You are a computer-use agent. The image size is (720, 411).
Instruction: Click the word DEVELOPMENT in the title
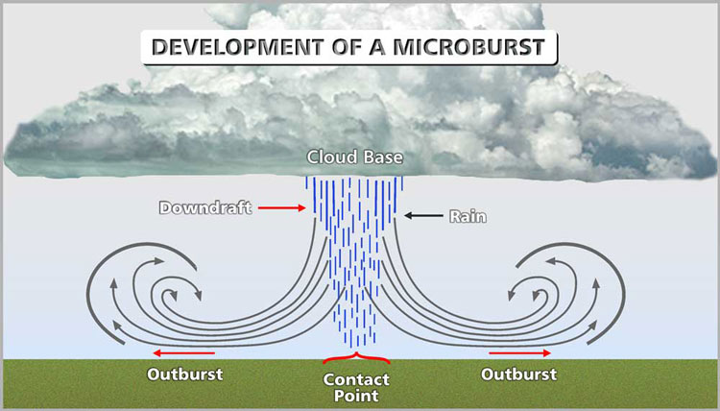(x=243, y=46)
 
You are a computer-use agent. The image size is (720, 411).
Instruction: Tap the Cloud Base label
(x=355, y=157)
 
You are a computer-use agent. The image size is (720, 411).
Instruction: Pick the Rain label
(x=468, y=216)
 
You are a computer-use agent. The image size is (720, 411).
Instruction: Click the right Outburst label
(x=519, y=374)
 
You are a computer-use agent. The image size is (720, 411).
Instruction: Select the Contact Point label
(x=356, y=386)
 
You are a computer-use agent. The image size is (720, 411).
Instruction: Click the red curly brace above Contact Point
(x=356, y=361)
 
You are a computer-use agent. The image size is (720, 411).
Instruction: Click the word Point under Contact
(x=356, y=395)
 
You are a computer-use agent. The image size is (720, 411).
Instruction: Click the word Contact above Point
(x=356, y=378)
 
